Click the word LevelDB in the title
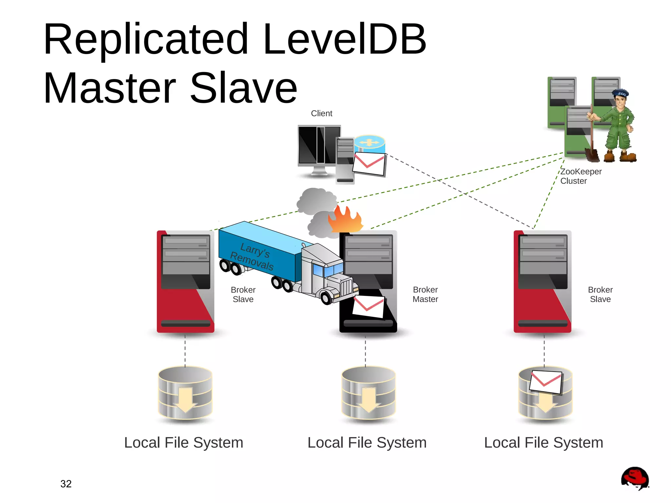pos(344,39)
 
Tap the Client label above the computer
pos(321,113)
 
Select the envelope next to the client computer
pos(369,164)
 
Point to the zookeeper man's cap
pos(620,93)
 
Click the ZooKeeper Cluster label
pos(580,176)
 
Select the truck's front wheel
pos(326,298)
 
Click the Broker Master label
pos(425,294)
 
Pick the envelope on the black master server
pos(369,306)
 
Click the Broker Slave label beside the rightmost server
pos(600,294)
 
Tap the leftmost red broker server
pos(185,282)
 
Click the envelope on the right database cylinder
pos(546,382)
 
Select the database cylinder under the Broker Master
pos(368,393)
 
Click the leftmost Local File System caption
pos(183,443)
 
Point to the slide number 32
pos(66,484)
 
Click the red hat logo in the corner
pos(635,478)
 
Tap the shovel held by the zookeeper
pos(592,152)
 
